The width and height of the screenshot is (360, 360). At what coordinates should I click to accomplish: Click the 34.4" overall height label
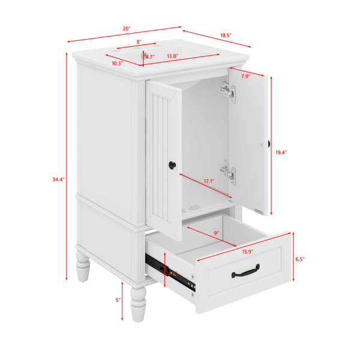pos(59,179)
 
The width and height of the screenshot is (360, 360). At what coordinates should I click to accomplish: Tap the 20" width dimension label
pos(127,28)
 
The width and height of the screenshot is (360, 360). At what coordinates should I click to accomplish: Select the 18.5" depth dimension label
pos(226,35)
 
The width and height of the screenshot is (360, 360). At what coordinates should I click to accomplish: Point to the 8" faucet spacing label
pos(139,42)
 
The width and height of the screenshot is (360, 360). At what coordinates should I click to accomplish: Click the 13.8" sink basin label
pos(173,56)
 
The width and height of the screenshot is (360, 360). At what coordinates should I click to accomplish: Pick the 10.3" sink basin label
pos(118,64)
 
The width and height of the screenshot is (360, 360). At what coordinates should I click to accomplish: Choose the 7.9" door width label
pos(245,76)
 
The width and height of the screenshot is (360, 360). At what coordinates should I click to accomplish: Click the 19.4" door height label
pos(281,152)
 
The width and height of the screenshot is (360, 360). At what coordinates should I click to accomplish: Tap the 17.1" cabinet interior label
pos(209,181)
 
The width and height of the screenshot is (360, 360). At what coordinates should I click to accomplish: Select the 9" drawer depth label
pos(216,233)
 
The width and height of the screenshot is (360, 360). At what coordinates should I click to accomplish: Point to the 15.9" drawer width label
pos(248,252)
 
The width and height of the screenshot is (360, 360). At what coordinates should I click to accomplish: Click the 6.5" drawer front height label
pos(300,259)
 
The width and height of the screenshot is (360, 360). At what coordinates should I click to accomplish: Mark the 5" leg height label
pos(118,300)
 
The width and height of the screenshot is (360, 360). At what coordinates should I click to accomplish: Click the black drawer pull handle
pos(245,271)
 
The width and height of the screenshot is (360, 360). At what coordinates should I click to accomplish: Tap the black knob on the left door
pos(172,165)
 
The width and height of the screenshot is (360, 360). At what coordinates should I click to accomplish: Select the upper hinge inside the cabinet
pos(228,91)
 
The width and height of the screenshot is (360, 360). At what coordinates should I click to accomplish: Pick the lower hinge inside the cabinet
pos(228,173)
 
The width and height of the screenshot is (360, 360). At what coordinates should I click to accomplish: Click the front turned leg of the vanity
pos(138,304)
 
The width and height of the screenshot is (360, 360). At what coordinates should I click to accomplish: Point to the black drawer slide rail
pos(170,272)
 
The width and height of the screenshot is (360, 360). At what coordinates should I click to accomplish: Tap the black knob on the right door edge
pos(269,144)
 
